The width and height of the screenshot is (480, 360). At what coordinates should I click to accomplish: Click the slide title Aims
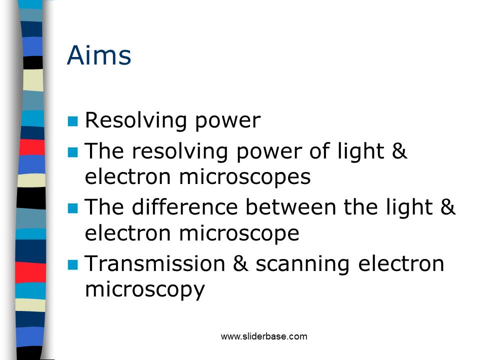tap(99, 55)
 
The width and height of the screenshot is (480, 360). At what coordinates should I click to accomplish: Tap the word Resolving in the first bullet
tap(135, 121)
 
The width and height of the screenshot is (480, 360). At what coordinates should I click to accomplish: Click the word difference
tap(185, 206)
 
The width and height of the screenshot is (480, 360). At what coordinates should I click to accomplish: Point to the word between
tap(291, 206)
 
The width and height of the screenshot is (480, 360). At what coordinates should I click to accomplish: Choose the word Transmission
tap(155, 263)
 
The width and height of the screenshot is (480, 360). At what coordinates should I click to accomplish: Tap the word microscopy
tap(144, 290)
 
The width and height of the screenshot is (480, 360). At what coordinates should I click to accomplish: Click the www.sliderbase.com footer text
tap(264, 336)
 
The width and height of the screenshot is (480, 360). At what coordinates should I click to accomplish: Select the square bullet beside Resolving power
tap(73, 121)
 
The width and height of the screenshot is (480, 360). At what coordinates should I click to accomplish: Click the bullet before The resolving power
tap(73, 152)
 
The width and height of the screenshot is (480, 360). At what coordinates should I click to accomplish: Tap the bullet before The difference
tap(73, 208)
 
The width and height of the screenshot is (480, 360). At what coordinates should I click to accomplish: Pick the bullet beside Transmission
tap(73, 265)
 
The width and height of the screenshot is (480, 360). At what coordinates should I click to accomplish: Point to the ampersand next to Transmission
tap(240, 263)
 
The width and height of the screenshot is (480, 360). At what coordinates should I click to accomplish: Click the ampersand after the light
tap(448, 206)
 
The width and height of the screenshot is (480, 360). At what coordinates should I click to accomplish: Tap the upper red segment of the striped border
tap(32, 147)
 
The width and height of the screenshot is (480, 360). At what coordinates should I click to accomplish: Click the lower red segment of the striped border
tap(30, 272)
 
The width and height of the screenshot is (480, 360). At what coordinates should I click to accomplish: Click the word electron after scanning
tap(401, 263)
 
